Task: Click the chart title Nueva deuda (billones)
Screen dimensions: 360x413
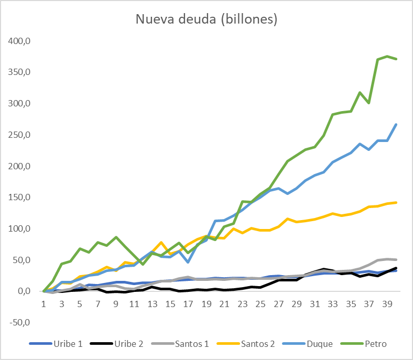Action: click(207, 19)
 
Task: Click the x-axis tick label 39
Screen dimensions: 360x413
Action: click(387, 304)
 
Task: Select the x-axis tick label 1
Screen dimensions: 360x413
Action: click(45, 304)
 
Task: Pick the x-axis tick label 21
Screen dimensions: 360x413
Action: click(224, 304)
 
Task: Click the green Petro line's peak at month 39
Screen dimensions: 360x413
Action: click(387, 56)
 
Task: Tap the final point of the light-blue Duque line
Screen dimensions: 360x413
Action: click(396, 124)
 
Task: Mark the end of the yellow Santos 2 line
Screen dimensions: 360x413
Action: click(396, 202)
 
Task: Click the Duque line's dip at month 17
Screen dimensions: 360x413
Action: click(188, 262)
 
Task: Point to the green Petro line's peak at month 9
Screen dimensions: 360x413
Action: click(116, 237)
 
